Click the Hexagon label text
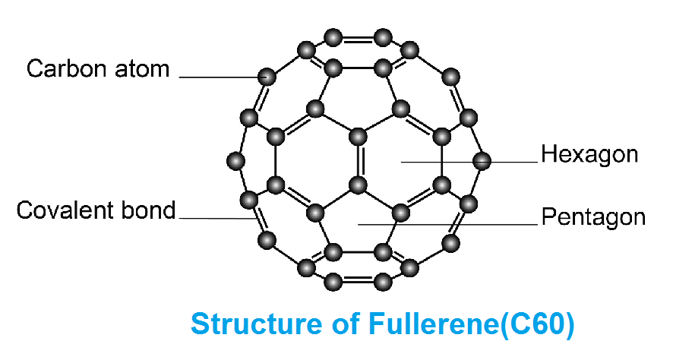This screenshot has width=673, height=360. (x=589, y=155)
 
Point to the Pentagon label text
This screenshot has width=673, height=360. (x=592, y=218)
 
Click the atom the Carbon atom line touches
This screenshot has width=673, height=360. (x=266, y=77)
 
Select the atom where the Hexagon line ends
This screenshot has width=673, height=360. (x=481, y=161)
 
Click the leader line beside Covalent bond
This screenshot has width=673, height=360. (x=213, y=219)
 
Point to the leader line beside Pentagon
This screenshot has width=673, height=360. (x=448, y=224)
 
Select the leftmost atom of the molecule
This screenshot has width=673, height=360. (x=236, y=161)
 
